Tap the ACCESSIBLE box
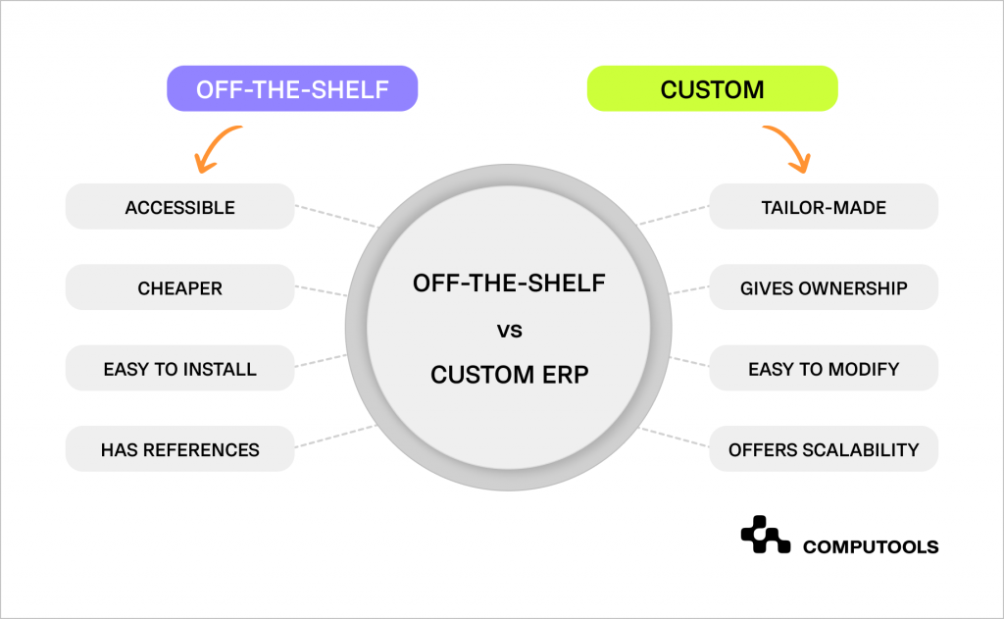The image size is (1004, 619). (179, 207)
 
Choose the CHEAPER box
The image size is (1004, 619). (179, 288)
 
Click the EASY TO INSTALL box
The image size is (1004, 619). (179, 369)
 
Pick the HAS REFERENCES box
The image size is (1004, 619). (179, 449)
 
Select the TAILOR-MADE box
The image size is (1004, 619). (824, 207)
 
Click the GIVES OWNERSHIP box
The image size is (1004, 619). (824, 288)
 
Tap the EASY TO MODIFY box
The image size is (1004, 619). (824, 369)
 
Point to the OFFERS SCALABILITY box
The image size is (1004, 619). (824, 449)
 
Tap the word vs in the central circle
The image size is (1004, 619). (509, 331)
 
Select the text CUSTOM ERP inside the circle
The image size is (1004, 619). (509, 374)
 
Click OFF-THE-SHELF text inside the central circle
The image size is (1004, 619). (509, 284)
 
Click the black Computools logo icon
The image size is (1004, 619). (765, 536)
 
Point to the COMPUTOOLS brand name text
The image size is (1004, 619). (870, 546)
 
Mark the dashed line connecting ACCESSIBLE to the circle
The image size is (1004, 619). (335, 216)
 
